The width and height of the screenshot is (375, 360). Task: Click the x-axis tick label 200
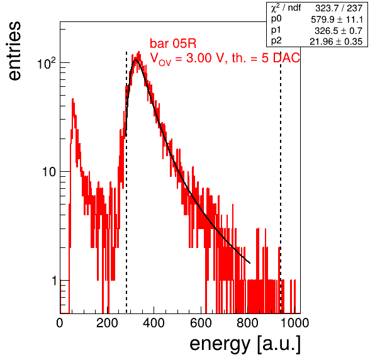coord(107,323)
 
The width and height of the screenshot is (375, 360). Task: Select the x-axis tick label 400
coord(154,323)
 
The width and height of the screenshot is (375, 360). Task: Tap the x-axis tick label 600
coord(201,323)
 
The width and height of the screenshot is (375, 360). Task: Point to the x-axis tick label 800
coord(247,323)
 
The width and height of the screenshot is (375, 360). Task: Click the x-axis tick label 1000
coord(294,323)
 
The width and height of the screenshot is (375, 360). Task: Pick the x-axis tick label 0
coord(60,323)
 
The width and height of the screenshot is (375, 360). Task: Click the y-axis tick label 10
coord(49,172)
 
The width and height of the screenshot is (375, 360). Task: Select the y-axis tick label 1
coord(54,281)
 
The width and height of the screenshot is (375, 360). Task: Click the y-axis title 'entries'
coord(15,51)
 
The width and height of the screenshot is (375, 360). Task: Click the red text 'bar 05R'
coord(173,43)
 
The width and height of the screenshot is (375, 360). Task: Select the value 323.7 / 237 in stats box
coord(339,9)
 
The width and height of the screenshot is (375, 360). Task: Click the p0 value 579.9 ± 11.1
coord(337,20)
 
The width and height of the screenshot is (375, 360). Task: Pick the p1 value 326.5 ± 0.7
coord(339,31)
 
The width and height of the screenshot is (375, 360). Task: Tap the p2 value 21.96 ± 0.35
coord(336,42)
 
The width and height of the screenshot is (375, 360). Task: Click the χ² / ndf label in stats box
coord(286,8)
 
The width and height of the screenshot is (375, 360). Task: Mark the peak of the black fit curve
coord(136,60)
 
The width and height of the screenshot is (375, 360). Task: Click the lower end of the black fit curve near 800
coord(250,263)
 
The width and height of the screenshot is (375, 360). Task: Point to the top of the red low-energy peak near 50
coord(73,99)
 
